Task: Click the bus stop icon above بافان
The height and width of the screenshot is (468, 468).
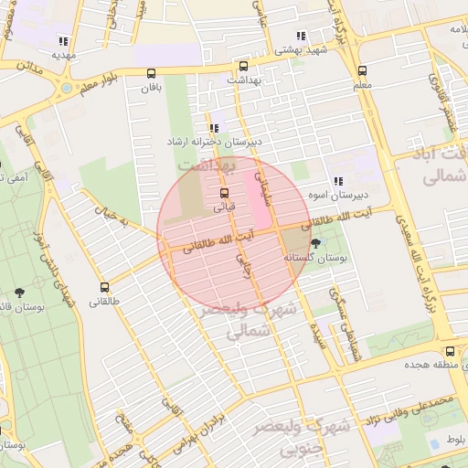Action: [152, 74]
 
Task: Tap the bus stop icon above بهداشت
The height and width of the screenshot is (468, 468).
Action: [243, 67]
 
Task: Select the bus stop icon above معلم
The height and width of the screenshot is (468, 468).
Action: [363, 70]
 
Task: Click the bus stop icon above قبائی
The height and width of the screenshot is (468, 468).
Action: [225, 193]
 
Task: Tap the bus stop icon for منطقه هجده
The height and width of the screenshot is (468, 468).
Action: [450, 351]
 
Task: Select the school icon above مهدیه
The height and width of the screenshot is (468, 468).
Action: [62, 41]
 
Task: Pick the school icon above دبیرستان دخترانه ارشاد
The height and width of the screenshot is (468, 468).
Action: [214, 129]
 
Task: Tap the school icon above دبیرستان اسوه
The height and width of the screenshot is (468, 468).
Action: [338, 181]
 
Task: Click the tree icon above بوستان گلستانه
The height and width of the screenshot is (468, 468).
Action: [316, 243]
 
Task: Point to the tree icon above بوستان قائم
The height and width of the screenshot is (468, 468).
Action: [20, 292]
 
